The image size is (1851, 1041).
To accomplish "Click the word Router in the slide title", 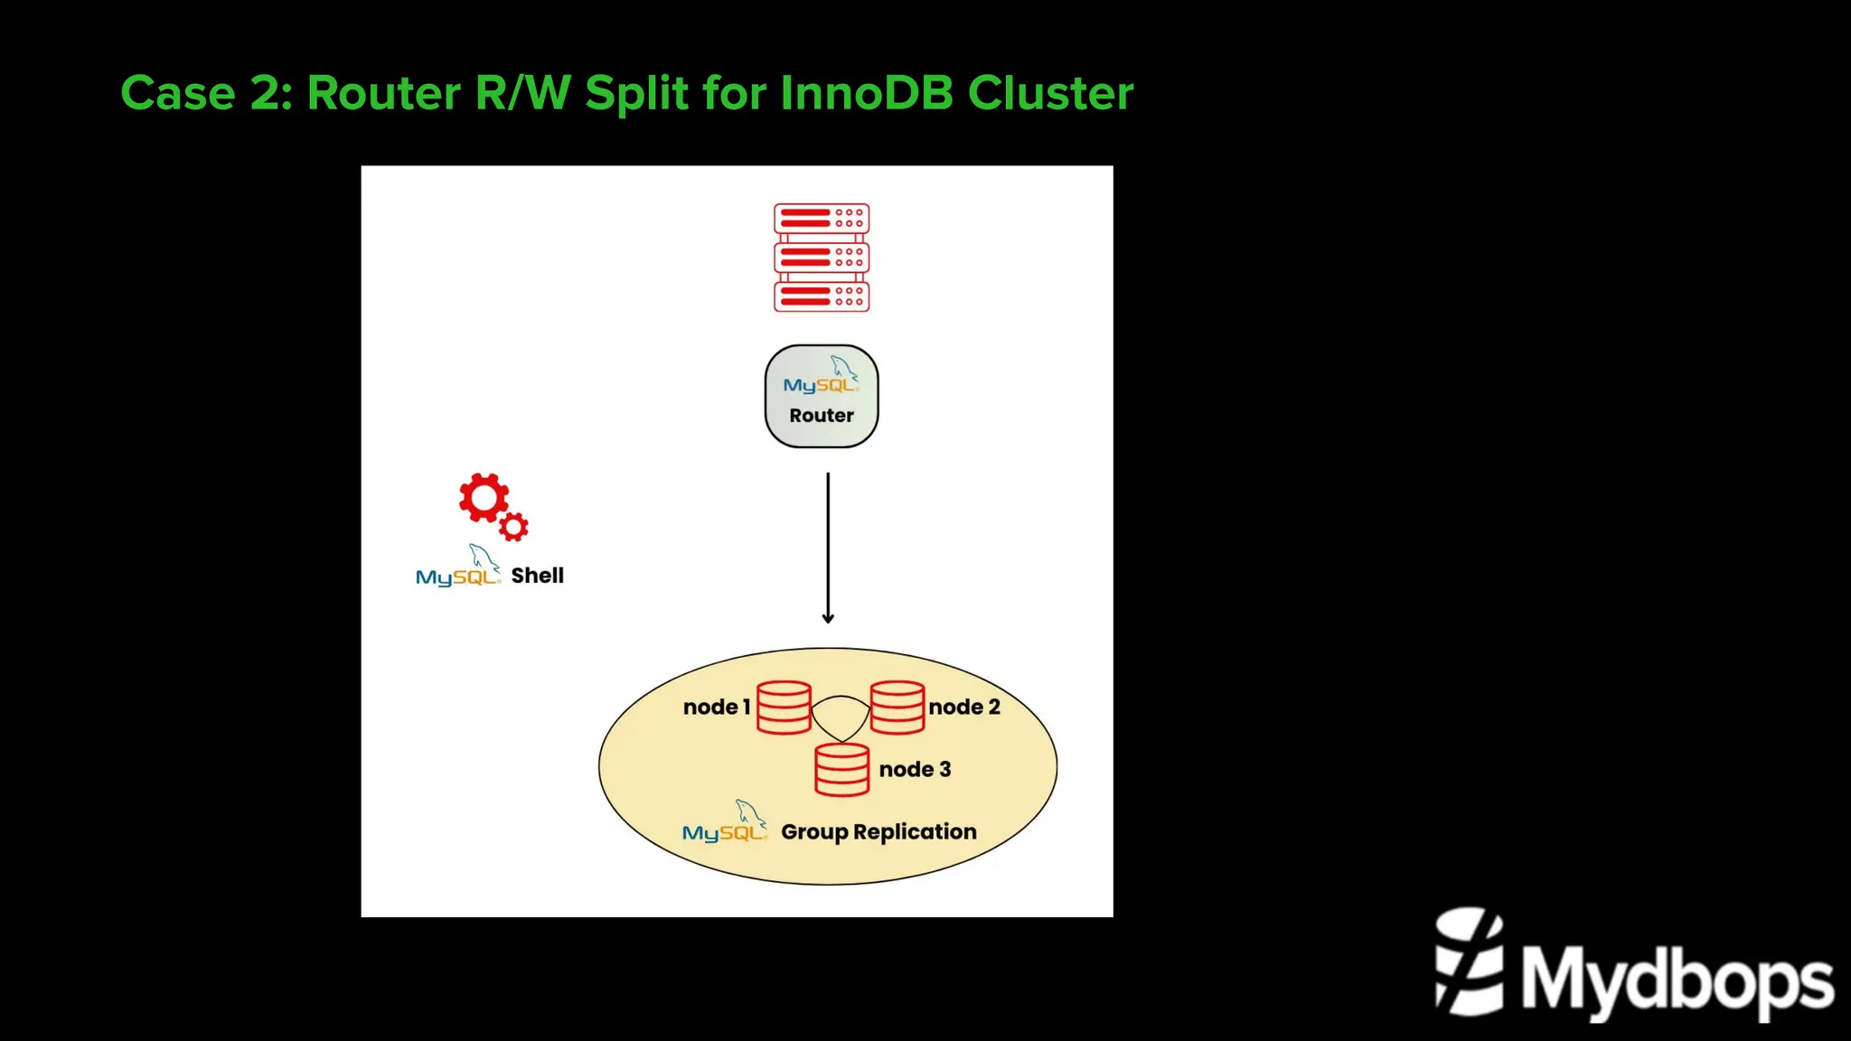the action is tap(384, 92).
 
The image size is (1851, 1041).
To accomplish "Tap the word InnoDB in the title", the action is tap(866, 92).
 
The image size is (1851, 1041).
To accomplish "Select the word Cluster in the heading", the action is tap(1050, 92).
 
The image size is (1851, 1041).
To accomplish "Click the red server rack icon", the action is tap(822, 258).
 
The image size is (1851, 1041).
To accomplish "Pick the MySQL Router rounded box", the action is tap(822, 396).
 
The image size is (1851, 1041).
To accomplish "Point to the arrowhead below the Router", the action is tap(828, 618).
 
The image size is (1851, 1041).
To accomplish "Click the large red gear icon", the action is tap(484, 497).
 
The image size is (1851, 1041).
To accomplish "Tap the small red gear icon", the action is tap(514, 527).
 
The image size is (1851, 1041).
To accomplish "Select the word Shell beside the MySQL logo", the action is tap(537, 576).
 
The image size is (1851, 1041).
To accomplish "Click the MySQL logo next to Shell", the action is tap(458, 566).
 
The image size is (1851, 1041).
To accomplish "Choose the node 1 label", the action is tap(717, 707).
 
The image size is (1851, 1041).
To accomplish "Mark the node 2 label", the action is tap(964, 707).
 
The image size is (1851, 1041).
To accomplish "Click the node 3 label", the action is tap(915, 769).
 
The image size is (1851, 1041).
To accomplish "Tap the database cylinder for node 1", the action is tap(784, 708).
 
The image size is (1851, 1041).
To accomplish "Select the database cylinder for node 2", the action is tap(897, 708).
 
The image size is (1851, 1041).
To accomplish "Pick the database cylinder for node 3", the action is tap(841, 770).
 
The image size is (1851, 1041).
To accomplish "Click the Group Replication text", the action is tap(879, 832).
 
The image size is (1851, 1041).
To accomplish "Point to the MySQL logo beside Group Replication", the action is tap(725, 821).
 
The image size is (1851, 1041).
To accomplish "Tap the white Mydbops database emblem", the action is tap(1470, 961).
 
